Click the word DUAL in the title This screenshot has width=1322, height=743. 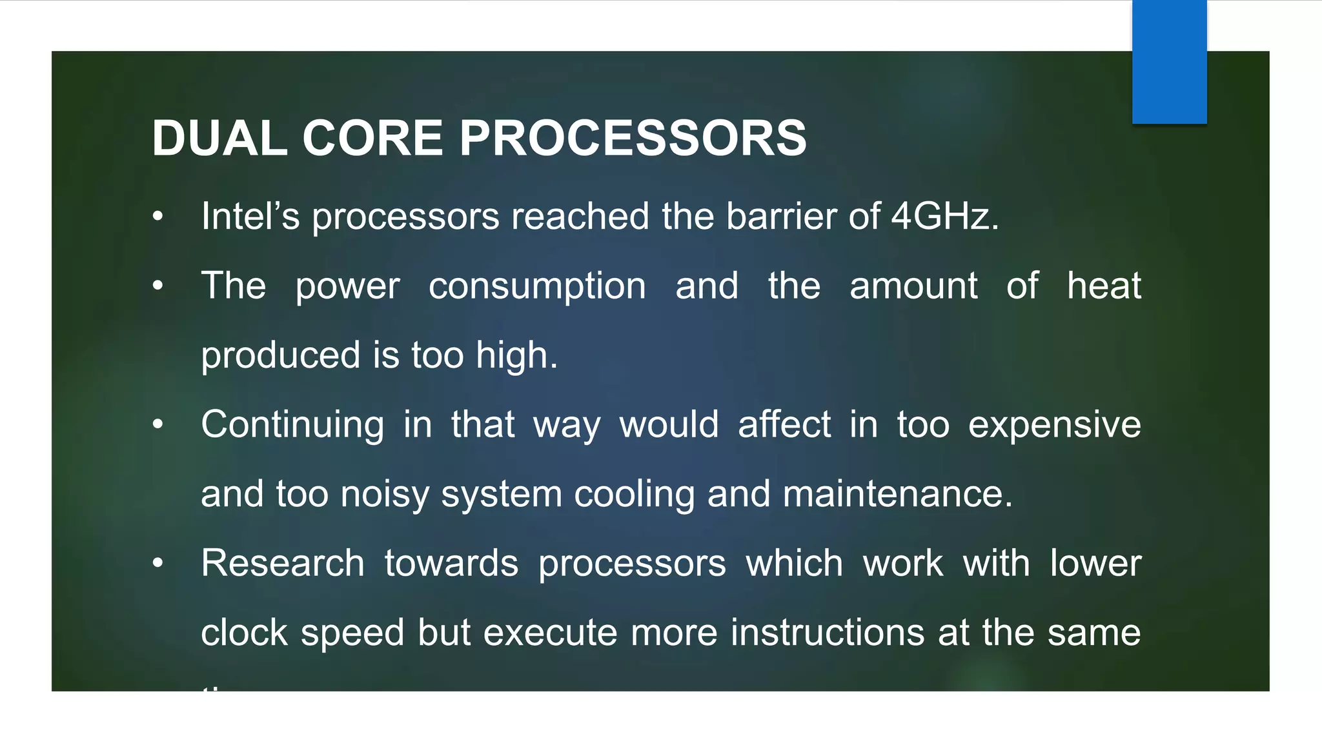click(219, 138)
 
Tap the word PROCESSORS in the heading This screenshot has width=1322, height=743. click(633, 138)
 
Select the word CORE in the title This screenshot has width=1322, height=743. click(372, 138)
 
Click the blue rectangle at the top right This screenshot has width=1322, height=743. click(1169, 62)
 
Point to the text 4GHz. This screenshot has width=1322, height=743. click(944, 216)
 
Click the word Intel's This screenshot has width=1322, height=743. click(250, 216)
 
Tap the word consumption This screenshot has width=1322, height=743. click(537, 286)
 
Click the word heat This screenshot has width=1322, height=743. click(1104, 286)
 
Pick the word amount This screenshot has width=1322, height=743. click(913, 286)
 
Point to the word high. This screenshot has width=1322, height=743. click(516, 355)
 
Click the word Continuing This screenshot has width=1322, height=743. click(292, 425)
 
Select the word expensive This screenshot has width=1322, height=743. click(1055, 425)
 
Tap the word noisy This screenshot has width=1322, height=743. click(385, 495)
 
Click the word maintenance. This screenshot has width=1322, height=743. click(897, 495)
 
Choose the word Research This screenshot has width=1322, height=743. click(283, 563)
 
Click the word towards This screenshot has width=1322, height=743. click(451, 563)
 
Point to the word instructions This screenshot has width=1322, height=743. click(828, 633)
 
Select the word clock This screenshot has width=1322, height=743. click(244, 633)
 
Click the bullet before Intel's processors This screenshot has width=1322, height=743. click(158, 217)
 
